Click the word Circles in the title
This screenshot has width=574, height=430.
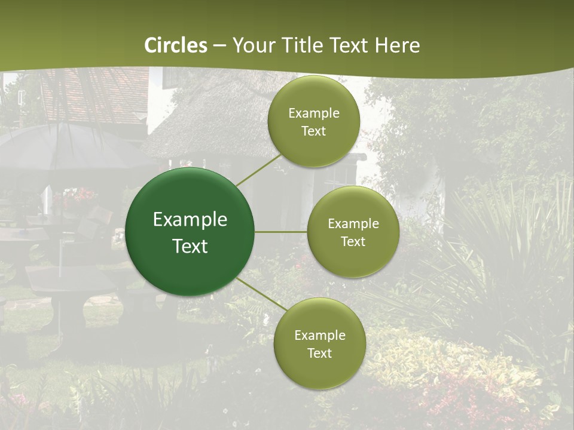point(176,45)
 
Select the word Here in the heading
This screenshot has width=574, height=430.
point(397,45)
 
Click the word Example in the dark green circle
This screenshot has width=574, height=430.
point(190,220)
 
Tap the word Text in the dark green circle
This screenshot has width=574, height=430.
point(190,246)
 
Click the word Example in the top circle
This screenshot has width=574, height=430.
point(313,113)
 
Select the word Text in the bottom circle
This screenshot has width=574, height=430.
point(319,353)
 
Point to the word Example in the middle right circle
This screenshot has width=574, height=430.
point(353,224)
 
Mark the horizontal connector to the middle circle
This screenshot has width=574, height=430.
point(281,232)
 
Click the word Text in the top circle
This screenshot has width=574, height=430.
point(313,131)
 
